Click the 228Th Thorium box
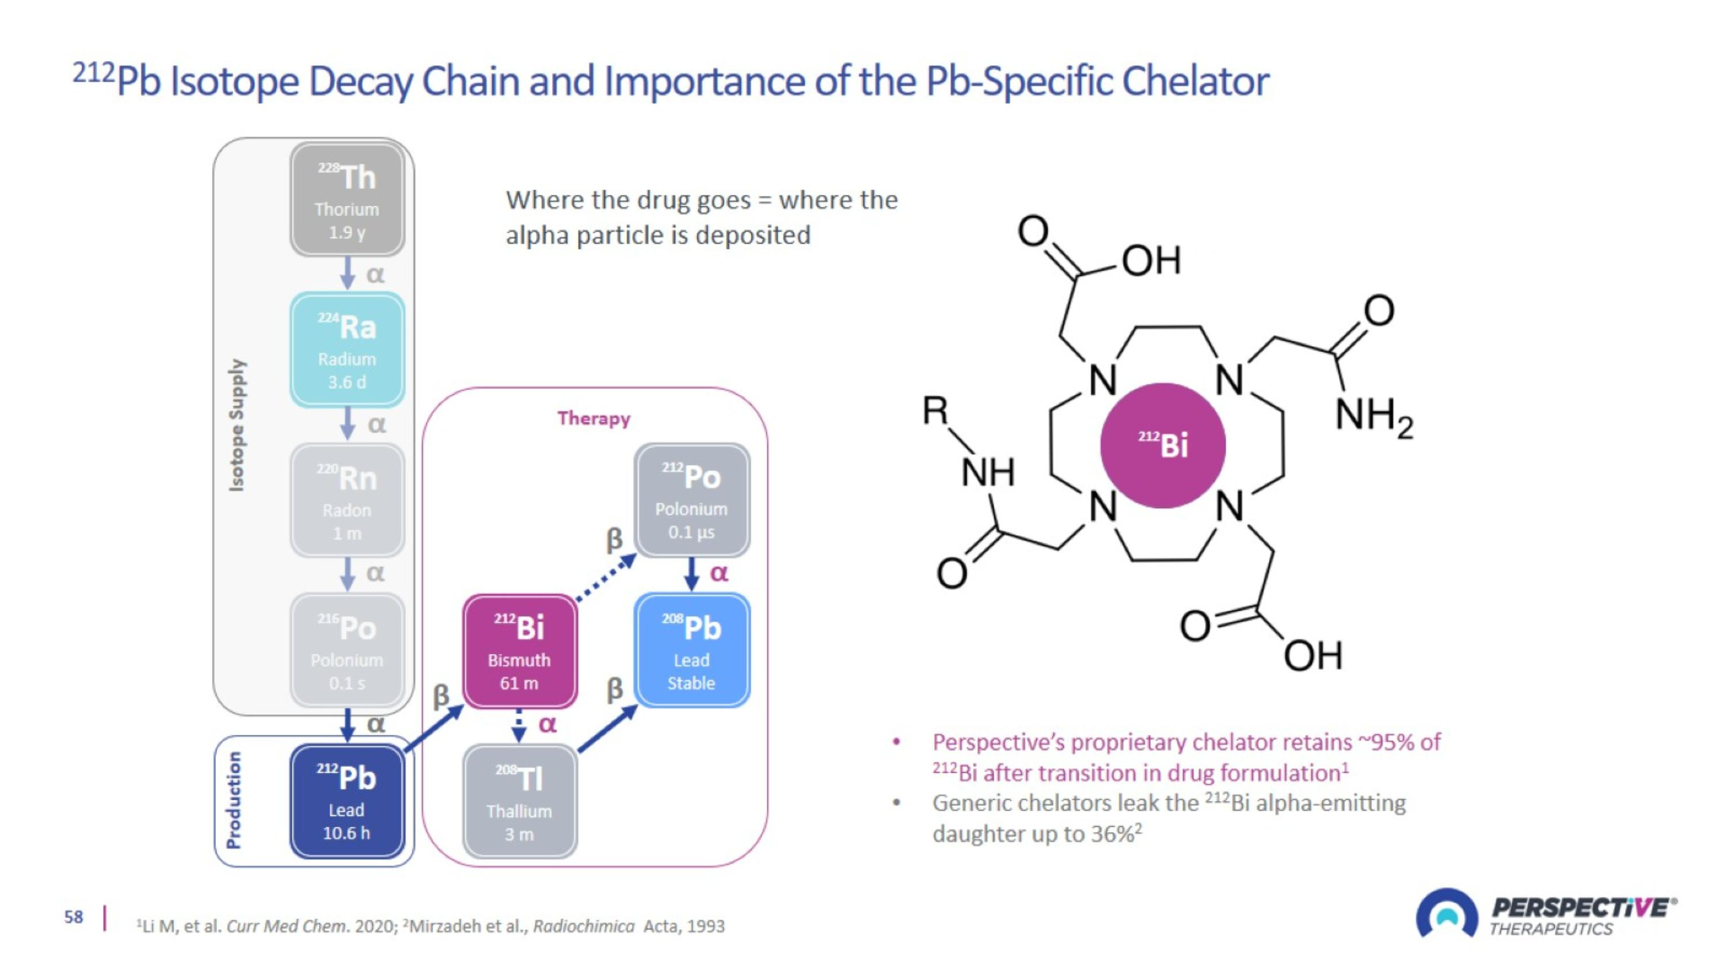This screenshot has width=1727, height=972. pyautogui.click(x=347, y=199)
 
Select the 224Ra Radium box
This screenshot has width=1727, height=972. pyautogui.click(x=347, y=350)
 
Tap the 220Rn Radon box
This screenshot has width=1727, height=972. pyautogui.click(x=347, y=500)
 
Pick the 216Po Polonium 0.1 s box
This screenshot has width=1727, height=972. pyautogui.click(x=347, y=650)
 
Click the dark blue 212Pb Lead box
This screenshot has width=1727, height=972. pyautogui.click(x=347, y=801)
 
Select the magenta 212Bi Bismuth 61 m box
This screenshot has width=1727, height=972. pyautogui.click(x=520, y=651)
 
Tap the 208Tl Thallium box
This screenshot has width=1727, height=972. pyautogui.click(x=520, y=801)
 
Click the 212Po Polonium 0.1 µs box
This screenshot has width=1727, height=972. pyautogui.click(x=691, y=500)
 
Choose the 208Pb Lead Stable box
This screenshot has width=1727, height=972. pyautogui.click(x=691, y=650)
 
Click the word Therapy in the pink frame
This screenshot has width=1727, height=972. pyautogui.click(x=594, y=418)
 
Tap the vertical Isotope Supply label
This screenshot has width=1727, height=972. pyautogui.click(x=237, y=425)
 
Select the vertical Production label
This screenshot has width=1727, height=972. pyautogui.click(x=233, y=800)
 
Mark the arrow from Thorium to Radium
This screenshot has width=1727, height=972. pyautogui.click(x=347, y=273)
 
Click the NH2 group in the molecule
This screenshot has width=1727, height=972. pyautogui.click(x=1373, y=416)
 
